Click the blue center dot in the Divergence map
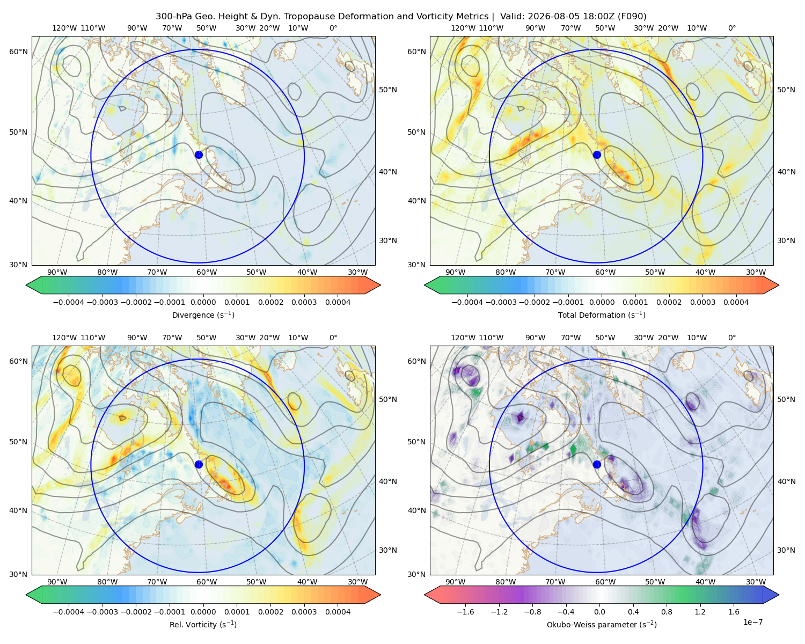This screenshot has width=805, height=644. coord(199,155)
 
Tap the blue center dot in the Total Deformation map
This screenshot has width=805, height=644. coord(597,155)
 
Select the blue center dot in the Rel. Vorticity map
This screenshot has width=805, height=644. coord(199,464)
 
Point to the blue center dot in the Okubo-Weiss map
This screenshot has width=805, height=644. coord(597,464)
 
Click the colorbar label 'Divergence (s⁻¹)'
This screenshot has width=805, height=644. coord(203,314)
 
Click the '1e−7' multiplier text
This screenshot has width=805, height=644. coord(752,622)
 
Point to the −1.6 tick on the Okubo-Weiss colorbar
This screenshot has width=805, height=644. coord(465,612)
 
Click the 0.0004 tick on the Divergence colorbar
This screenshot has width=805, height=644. coord(338,302)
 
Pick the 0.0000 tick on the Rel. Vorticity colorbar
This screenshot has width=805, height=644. coord(203,612)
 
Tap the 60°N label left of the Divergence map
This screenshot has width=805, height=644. coord(18,52)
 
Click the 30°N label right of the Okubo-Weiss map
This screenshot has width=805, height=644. coord(786,550)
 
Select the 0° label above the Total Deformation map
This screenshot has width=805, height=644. coord(732,28)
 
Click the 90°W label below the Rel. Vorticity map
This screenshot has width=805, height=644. coord(57,582)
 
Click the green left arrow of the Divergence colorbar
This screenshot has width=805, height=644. coord(34,285)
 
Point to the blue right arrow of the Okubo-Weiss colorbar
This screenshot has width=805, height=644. coord(771,595)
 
